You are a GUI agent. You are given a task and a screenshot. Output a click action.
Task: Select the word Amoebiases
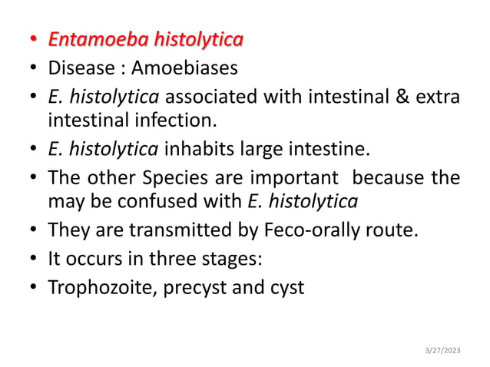[184, 69]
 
